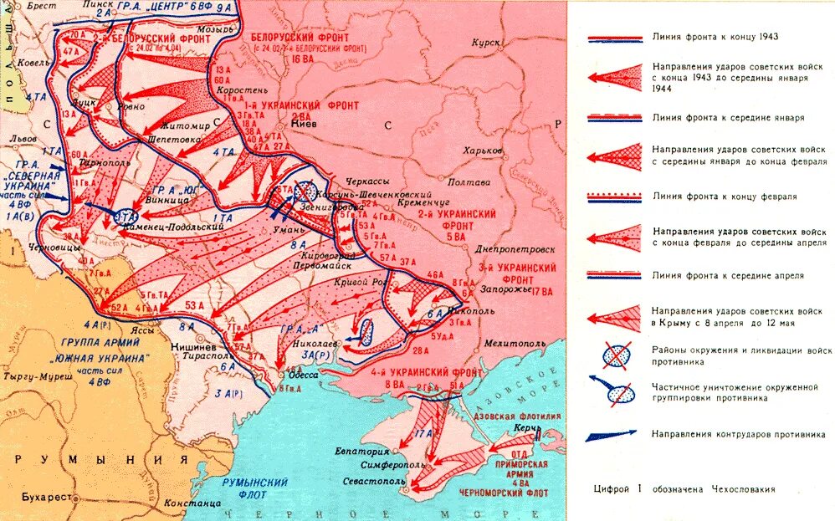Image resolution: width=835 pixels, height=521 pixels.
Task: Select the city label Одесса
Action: pos(297,373)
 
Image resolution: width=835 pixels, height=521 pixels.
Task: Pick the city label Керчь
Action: pos(522,427)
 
